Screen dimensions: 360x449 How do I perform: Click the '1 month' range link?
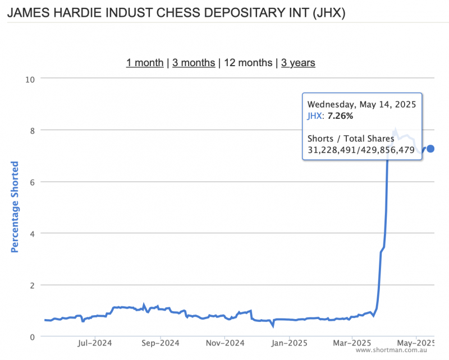[x=145, y=63]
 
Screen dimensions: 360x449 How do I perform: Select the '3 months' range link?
[x=194, y=63]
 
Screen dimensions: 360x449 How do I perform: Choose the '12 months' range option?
[x=248, y=63]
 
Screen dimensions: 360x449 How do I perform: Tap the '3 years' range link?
[x=298, y=63]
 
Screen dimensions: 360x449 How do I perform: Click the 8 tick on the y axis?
[x=33, y=130]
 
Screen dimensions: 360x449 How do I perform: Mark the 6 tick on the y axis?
[x=33, y=182]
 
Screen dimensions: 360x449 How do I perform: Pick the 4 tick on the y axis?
[x=33, y=233]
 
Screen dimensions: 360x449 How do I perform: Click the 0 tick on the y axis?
[x=33, y=336]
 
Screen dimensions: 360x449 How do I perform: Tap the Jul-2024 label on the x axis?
[x=94, y=341]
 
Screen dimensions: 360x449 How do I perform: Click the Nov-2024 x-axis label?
[x=223, y=341]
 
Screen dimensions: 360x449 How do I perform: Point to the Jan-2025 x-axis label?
[x=287, y=341]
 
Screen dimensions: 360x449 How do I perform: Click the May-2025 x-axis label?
[x=415, y=341]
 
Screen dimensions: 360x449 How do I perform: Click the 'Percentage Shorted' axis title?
[x=15, y=207]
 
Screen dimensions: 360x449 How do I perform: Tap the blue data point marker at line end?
[x=430, y=149]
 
